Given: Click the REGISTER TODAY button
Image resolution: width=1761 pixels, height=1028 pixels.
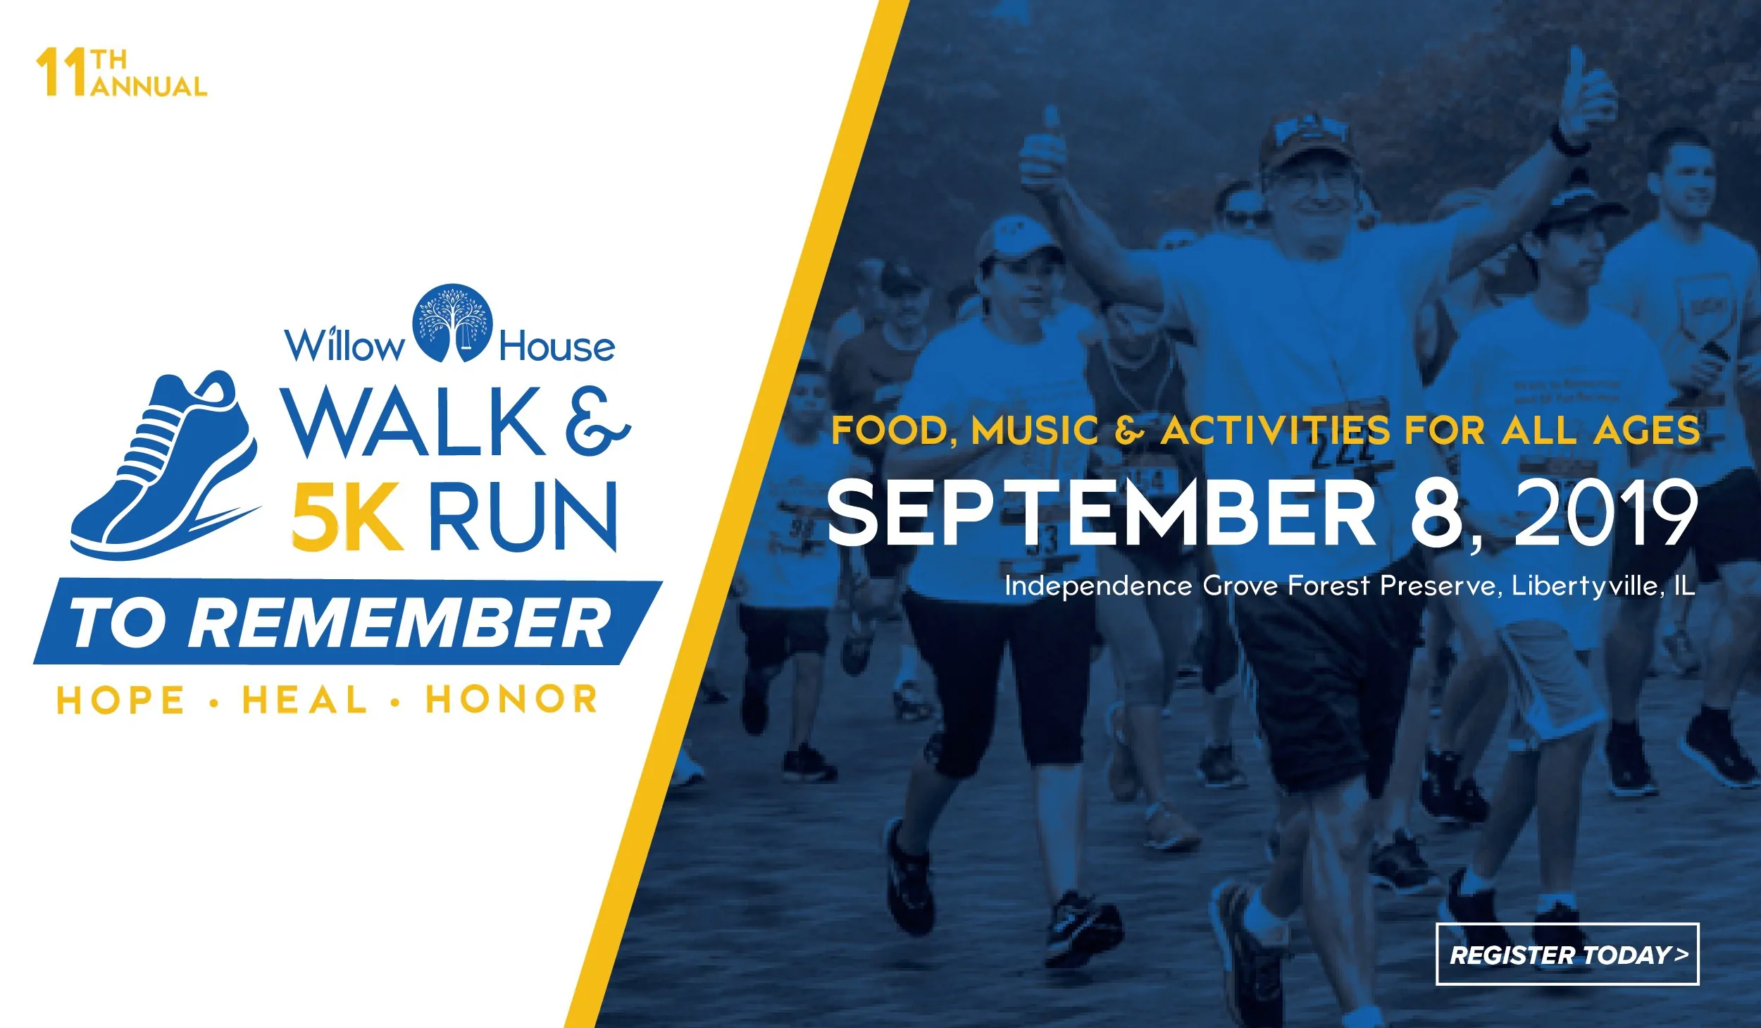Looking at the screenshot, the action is click(1567, 954).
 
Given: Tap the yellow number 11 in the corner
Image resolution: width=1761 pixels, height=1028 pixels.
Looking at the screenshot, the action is click(62, 72).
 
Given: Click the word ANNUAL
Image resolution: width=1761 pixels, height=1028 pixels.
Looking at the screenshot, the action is click(149, 87).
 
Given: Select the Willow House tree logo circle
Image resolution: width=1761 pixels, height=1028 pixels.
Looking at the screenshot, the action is click(452, 323).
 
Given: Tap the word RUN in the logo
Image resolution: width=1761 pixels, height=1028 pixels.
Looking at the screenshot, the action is click(523, 516).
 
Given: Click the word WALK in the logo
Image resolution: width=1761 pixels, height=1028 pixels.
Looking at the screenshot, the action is click(413, 421).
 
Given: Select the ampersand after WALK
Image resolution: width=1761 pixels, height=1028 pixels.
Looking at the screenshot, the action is click(597, 421).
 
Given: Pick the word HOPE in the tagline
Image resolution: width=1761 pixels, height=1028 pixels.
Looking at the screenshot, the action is click(120, 700).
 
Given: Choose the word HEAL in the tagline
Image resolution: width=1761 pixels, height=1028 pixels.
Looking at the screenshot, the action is click(304, 700).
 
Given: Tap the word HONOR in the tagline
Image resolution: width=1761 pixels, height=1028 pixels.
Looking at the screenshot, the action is click(511, 700).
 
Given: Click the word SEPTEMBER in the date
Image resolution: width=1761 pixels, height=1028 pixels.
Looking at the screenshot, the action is click(1101, 512).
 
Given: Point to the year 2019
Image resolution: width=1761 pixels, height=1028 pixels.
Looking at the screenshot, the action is click(1605, 512).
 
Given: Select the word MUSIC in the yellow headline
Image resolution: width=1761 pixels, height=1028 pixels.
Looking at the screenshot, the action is click(1035, 430).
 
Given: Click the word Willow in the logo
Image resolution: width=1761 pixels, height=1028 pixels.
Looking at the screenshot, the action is click(344, 345).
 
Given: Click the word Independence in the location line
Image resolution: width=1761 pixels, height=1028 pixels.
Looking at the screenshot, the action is click(1098, 586).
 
